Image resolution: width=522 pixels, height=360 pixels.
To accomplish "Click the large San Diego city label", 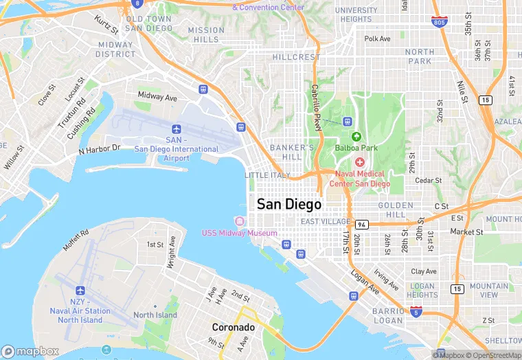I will tap(288, 204).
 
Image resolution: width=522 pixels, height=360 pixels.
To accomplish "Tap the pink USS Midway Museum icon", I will tap(239, 221).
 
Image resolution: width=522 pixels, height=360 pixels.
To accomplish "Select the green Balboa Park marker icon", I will tap(356, 136).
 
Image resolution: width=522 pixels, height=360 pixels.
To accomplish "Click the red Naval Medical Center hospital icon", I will tap(360, 161).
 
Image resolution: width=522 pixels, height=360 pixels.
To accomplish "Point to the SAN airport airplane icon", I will tap(177, 129).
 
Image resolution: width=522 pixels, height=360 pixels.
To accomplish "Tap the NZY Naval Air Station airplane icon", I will tap(80, 291).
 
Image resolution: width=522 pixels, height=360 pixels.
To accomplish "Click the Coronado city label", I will tap(234, 328).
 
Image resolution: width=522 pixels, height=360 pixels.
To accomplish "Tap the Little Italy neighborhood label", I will tap(267, 175).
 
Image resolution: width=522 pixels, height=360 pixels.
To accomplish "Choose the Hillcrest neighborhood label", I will tap(296, 58).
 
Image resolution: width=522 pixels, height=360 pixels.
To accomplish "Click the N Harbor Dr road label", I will tap(100, 148).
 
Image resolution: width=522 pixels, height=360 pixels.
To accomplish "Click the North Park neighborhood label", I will tap(419, 56).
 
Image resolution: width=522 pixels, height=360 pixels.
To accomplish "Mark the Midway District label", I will tap(115, 49).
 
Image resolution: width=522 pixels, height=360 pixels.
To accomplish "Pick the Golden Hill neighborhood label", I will tap(396, 210).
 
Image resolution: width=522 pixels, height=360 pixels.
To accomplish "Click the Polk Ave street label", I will tap(377, 39).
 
